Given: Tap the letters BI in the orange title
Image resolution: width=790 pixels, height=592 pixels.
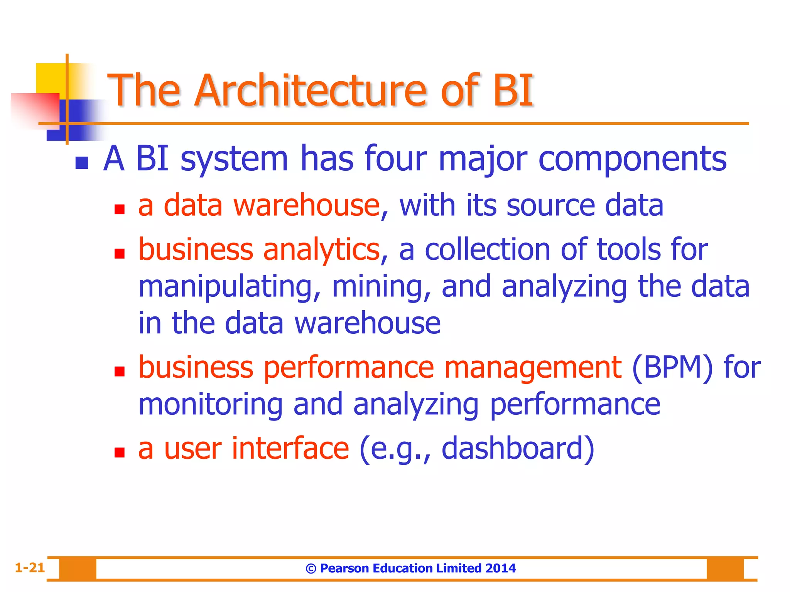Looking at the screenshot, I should click(x=513, y=91).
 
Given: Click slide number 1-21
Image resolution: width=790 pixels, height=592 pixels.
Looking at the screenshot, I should click(x=30, y=568).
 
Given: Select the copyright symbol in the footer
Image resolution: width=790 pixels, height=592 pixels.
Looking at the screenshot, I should click(x=311, y=568).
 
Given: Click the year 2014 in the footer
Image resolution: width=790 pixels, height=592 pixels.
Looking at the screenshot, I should click(x=501, y=568).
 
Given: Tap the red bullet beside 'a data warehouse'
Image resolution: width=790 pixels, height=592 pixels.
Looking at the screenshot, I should click(x=120, y=209).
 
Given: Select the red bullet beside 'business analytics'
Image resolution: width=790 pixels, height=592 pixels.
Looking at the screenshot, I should click(x=120, y=253).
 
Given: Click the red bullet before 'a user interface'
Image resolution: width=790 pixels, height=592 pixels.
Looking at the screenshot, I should click(x=120, y=452).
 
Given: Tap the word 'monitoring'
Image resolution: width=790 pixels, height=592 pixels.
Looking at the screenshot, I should click(x=211, y=405).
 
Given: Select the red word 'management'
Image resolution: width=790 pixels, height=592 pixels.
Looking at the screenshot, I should click(x=533, y=367).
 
